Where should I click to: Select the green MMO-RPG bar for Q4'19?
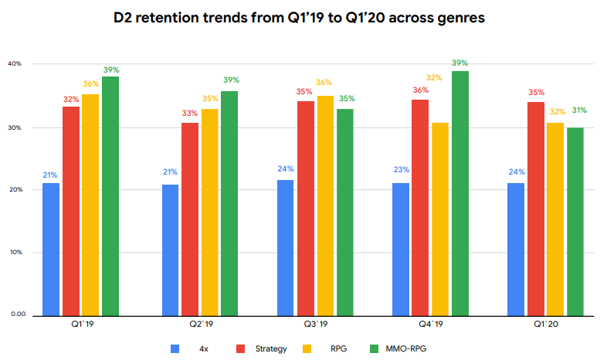tap(460, 193)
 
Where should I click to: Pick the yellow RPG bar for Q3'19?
tap(325, 205)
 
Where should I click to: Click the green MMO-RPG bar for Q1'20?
tap(576, 221)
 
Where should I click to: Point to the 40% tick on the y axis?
tap(18, 64)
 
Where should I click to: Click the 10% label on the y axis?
tap(18, 253)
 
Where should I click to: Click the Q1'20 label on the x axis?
tap(547, 326)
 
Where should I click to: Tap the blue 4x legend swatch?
tap(174, 348)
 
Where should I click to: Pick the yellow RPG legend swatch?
tap(305, 348)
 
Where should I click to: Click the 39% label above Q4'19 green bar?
tap(460, 63)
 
